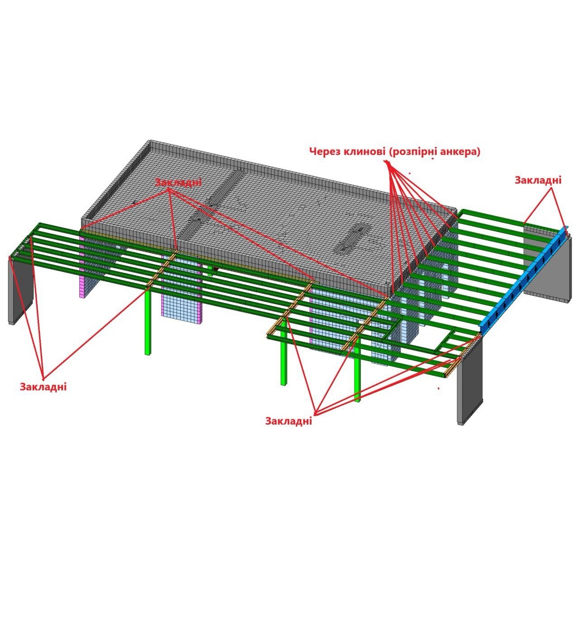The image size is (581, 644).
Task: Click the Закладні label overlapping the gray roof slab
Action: [178, 183]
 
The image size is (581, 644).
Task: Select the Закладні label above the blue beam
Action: [537, 180]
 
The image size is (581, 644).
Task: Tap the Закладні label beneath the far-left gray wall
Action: [43, 386]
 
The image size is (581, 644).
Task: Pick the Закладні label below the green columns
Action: [289, 421]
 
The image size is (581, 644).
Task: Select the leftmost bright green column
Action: [148, 322]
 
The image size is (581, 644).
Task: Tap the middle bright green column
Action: [283, 359]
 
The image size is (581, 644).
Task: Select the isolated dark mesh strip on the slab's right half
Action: [352, 238]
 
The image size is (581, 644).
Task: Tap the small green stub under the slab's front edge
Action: [210, 272]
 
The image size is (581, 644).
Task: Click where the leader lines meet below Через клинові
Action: [388, 163]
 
